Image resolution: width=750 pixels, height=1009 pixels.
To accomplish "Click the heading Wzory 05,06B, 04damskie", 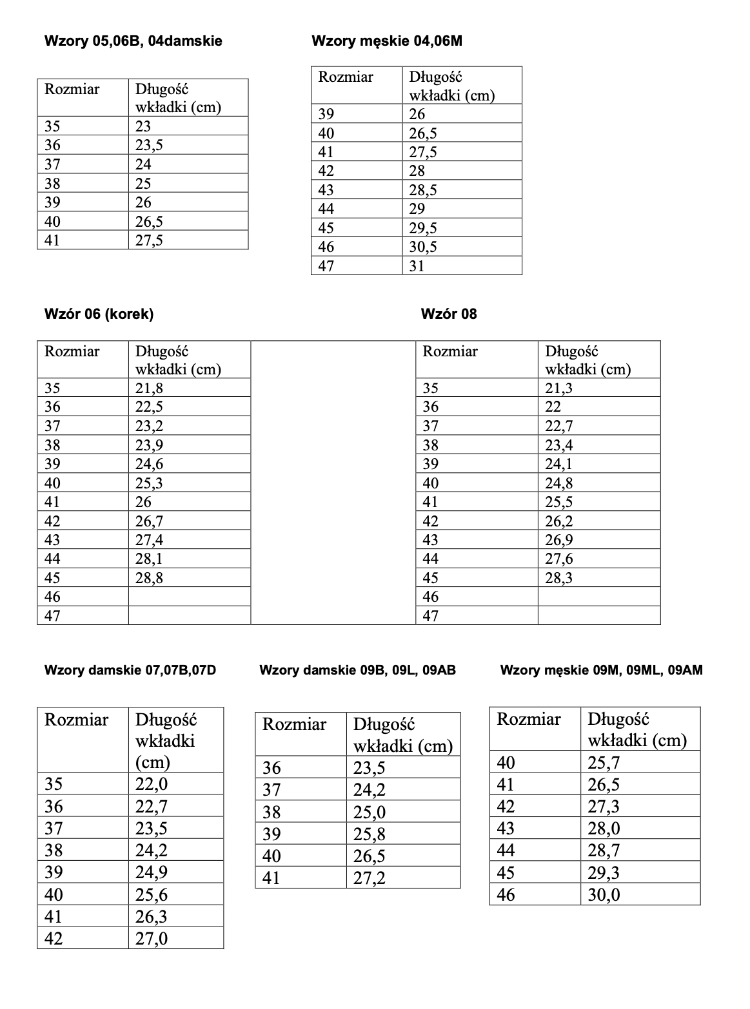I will [x=133, y=41].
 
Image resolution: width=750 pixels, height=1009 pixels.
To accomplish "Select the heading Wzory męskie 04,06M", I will [x=386, y=41].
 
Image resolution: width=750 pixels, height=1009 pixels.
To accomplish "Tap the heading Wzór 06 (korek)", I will [x=99, y=314].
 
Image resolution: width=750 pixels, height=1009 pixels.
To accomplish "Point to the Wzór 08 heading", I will [x=449, y=314].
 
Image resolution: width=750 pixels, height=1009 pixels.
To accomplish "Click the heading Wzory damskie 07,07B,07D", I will [x=130, y=670].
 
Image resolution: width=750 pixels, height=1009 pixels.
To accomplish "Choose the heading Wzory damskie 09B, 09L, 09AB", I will [x=357, y=670].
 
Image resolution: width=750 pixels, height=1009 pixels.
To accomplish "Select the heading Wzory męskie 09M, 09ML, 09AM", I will [x=601, y=670].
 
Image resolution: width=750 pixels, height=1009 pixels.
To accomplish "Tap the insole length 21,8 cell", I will [x=150, y=388].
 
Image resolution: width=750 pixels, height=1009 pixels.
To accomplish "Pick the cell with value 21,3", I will [x=558, y=388].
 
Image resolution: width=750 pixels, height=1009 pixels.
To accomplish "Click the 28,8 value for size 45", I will [x=150, y=578].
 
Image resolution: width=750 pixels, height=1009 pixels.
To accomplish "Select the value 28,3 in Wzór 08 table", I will [x=558, y=578].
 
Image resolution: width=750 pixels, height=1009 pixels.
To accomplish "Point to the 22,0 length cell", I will [x=152, y=784].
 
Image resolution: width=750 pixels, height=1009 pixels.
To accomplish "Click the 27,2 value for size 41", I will [x=370, y=878].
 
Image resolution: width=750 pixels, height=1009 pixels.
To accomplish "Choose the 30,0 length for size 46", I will [x=604, y=894].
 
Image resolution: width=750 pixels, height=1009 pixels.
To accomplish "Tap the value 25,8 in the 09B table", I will [x=370, y=834].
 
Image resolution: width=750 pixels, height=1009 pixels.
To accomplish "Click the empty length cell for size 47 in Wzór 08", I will [x=598, y=616].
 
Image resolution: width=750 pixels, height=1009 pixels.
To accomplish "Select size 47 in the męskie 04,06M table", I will [x=326, y=265].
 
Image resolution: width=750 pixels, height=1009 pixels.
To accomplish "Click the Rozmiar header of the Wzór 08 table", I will [x=450, y=352].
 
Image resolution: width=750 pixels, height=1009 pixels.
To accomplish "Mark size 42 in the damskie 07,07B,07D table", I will [x=54, y=938].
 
